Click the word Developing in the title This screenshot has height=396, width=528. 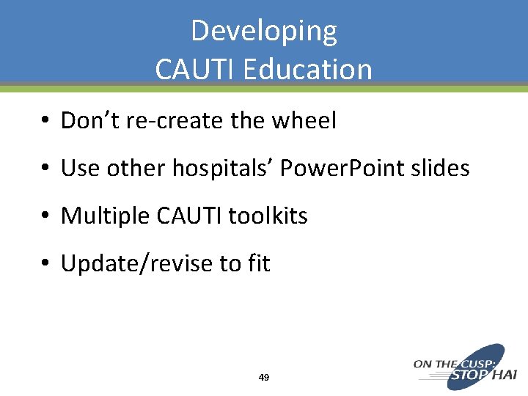pyautogui.click(x=264, y=32)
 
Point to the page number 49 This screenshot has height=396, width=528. pyautogui.click(x=264, y=377)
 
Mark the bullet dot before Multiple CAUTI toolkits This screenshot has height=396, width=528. pyautogui.click(x=45, y=216)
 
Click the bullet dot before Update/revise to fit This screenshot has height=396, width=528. pyautogui.click(x=45, y=264)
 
